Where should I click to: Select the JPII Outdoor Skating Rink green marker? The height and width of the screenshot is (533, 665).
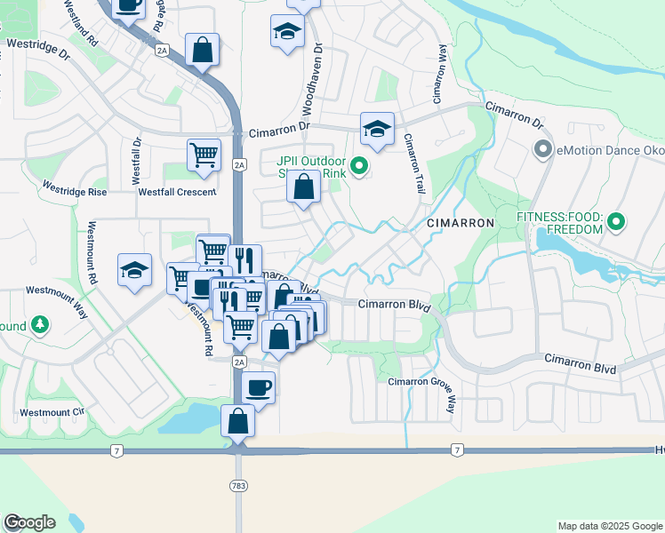(x=359, y=166)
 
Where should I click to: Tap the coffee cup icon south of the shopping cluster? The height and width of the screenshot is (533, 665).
(x=258, y=386)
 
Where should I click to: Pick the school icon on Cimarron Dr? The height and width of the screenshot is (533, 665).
(x=377, y=129)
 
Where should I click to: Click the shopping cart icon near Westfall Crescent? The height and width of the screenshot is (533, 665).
(x=204, y=155)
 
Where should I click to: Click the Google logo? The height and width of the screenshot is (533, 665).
(x=29, y=522)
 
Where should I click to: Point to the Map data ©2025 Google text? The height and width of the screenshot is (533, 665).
(x=609, y=526)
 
